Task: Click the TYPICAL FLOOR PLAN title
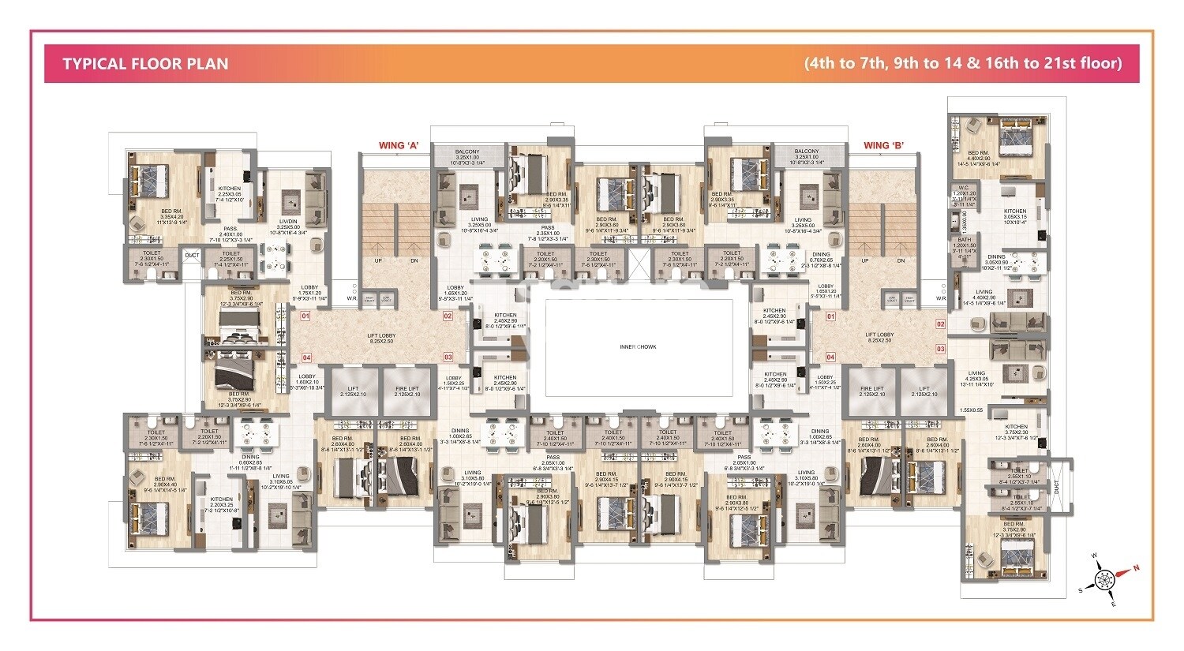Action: click(x=145, y=64)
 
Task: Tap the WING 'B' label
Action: click(x=883, y=145)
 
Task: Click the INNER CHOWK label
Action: click(x=639, y=346)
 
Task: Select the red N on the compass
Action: click(x=1137, y=567)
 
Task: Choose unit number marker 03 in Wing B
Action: click(x=940, y=348)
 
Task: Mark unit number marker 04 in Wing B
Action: click(x=830, y=357)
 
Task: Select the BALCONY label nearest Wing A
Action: click(x=467, y=152)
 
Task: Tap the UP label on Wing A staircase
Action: click(x=379, y=260)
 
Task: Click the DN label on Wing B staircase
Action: click(x=901, y=260)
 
